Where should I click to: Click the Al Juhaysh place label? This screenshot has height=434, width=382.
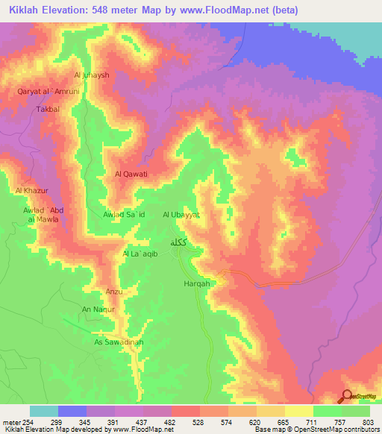[x=92, y=75]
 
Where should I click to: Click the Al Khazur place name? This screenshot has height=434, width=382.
[x=31, y=191]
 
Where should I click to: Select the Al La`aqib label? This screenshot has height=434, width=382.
[x=140, y=254]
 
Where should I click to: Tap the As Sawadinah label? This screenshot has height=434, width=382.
[x=118, y=342]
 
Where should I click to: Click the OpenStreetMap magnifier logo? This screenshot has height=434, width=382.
[x=347, y=397]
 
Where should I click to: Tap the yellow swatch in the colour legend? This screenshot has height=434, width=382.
[x=298, y=411]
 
